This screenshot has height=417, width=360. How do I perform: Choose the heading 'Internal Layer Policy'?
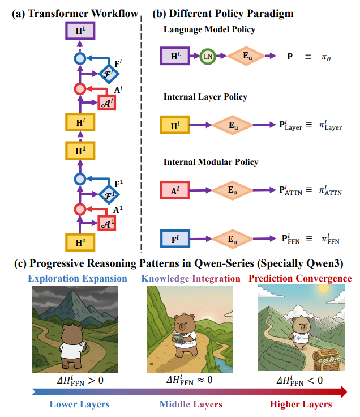point(205,97)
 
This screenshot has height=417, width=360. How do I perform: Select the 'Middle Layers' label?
point(191,405)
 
